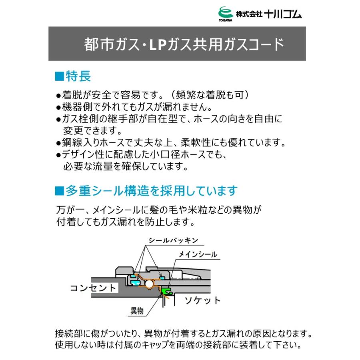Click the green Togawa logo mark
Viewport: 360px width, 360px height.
(225, 12)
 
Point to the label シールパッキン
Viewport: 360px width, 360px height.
(173, 240)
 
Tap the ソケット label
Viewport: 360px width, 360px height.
(202, 300)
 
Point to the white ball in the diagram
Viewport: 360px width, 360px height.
(150, 284)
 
